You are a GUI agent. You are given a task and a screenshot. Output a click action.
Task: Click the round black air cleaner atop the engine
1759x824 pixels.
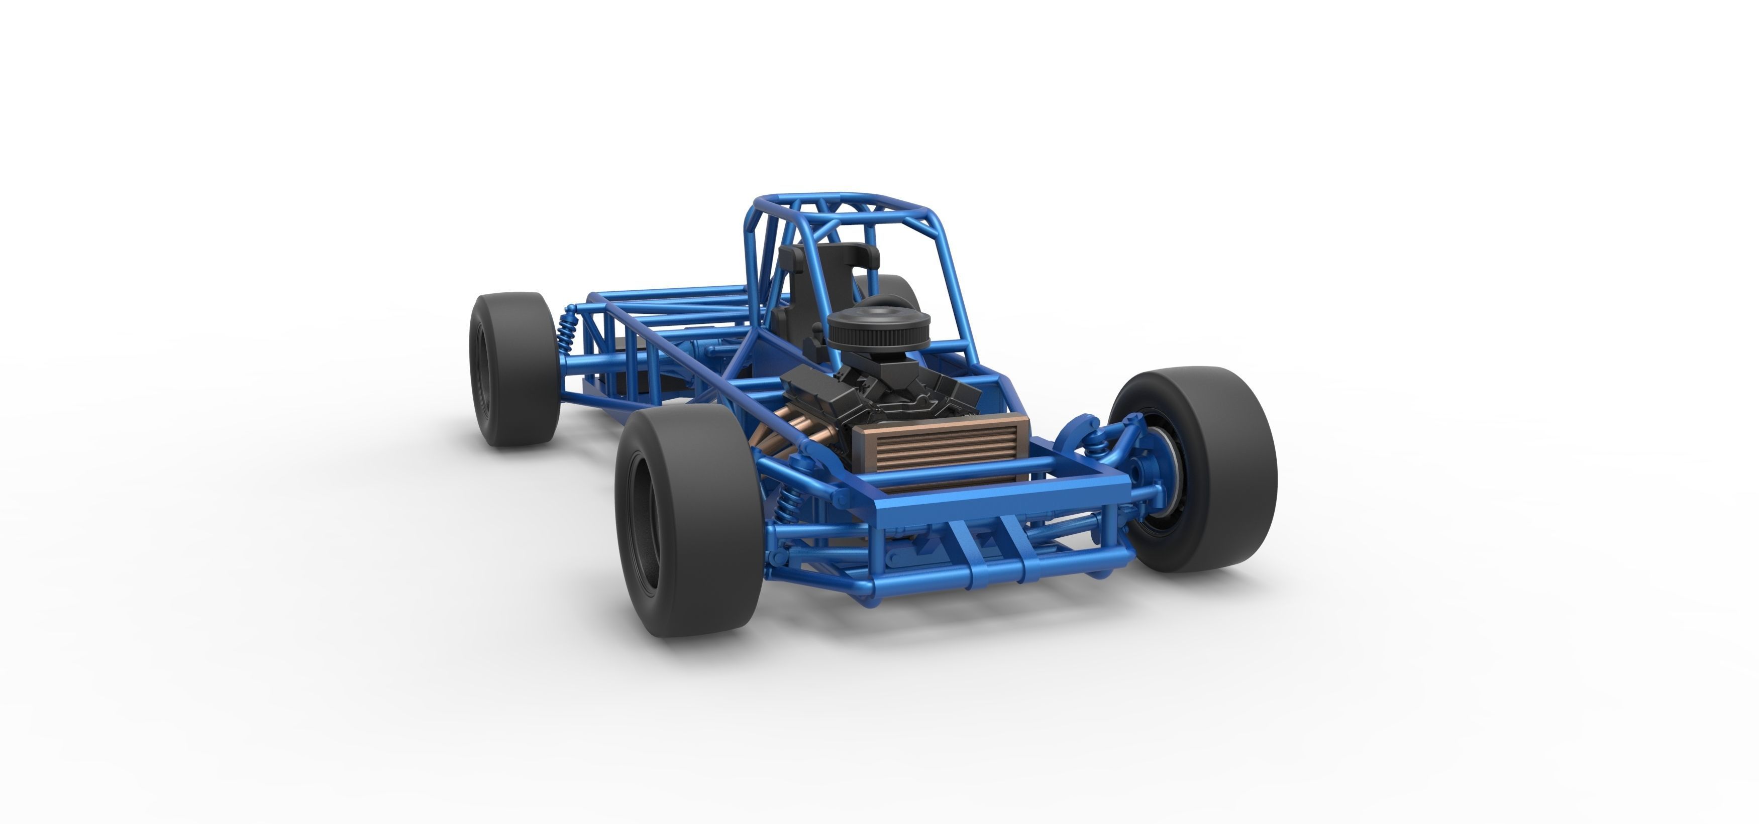pos(878,325)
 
